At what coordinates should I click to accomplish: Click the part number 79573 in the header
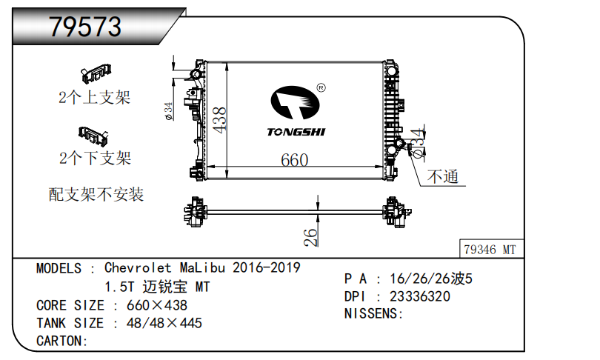click(85, 27)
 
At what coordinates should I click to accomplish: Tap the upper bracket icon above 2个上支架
click(96, 73)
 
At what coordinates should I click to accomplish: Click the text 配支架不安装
click(96, 194)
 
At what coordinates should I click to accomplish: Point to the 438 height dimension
click(220, 120)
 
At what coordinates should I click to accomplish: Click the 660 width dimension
click(294, 160)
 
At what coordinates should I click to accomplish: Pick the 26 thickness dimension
click(310, 237)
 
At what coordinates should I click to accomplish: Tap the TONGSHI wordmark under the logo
click(296, 132)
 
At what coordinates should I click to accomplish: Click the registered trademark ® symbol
click(321, 87)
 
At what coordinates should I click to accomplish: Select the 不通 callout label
click(443, 176)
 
